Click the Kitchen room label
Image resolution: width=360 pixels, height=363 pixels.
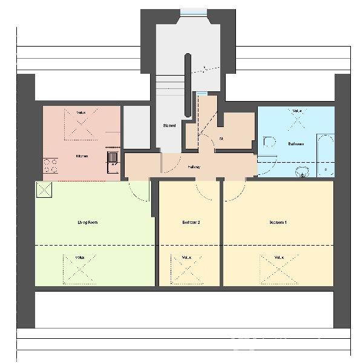coord(81,156)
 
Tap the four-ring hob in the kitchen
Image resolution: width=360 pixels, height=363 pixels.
coord(50,166)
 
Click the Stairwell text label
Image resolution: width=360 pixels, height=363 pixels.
coord(169,126)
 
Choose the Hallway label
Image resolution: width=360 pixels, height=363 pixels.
coord(194,167)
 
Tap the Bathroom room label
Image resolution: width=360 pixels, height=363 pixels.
coord(296,144)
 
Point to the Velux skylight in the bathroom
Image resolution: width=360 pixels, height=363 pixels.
coord(296,121)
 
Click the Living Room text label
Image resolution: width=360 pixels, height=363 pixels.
coord(88,223)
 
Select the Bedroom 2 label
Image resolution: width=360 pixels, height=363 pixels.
coord(191,223)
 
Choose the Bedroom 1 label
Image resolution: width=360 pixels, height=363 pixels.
coord(278,223)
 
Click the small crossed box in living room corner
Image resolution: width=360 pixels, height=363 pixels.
coord(44,190)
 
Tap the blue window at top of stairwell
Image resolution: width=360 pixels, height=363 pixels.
coord(193,11)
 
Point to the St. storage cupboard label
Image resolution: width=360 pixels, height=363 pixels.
coord(221,139)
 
